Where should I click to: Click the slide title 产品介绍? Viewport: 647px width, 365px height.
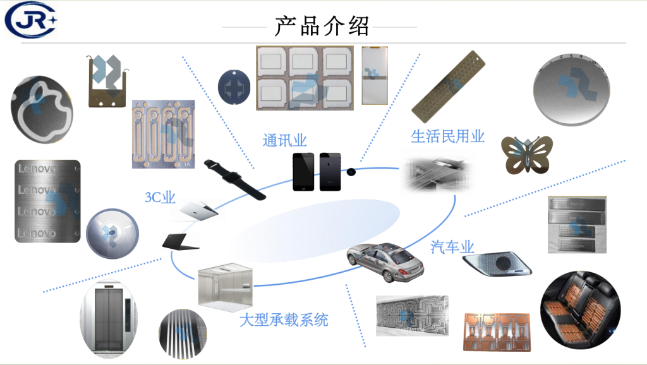click(x=322, y=26)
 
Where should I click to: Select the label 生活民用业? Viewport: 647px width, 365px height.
click(x=447, y=136)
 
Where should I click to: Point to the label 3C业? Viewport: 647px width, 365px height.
click(x=160, y=197)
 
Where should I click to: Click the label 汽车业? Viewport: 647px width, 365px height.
click(x=452, y=246)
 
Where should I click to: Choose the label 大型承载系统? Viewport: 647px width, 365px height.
click(x=284, y=320)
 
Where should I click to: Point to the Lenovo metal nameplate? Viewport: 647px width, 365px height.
click(x=47, y=201)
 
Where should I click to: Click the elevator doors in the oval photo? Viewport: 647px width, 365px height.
click(x=109, y=323)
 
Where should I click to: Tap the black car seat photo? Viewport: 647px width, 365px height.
click(x=581, y=311)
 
